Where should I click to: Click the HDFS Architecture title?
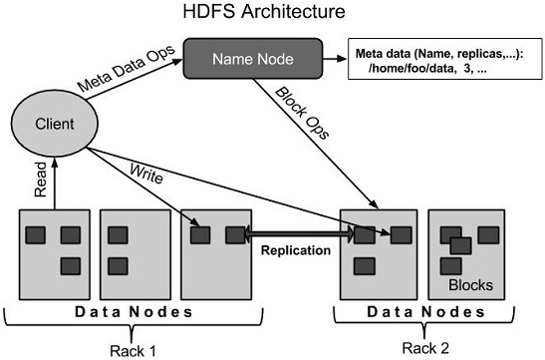273,13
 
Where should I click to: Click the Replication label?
295,250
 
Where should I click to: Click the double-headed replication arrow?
299,235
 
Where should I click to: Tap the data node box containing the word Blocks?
468,253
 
